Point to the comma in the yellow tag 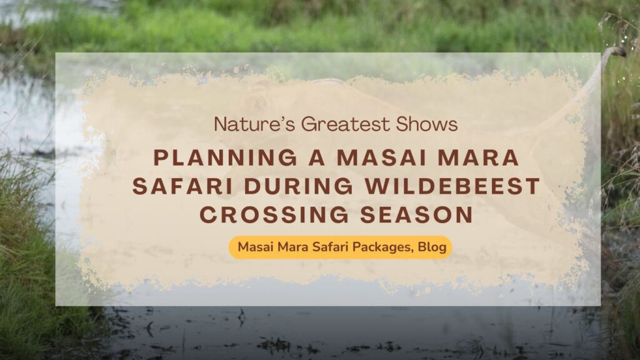point(413,251)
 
